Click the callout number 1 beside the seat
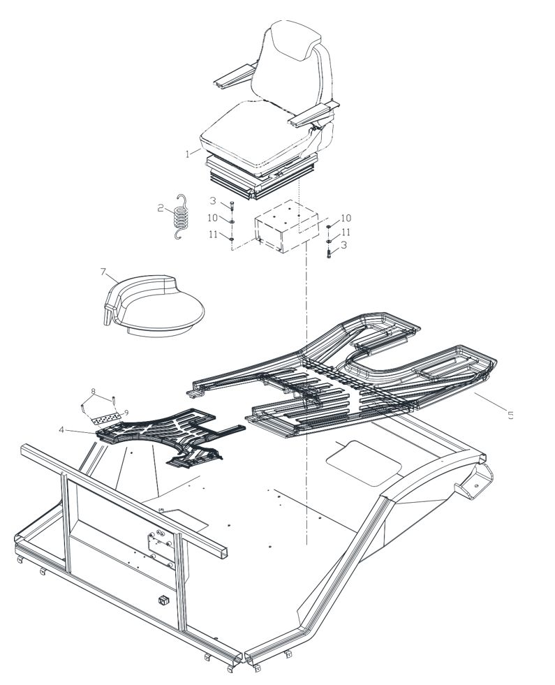(x=188, y=154)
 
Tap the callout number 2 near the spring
(x=161, y=208)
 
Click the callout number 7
(x=103, y=272)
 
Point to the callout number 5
(x=510, y=415)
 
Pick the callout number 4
(x=61, y=430)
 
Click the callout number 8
(x=93, y=390)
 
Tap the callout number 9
(x=126, y=413)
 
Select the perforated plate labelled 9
(x=106, y=418)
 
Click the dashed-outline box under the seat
(x=286, y=227)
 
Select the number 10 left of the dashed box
(x=212, y=218)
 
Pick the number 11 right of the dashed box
(x=346, y=232)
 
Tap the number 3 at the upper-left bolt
(x=213, y=201)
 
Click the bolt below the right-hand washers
(x=329, y=252)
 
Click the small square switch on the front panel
(x=164, y=601)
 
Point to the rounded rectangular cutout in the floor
(x=364, y=463)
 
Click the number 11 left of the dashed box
(x=213, y=235)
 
